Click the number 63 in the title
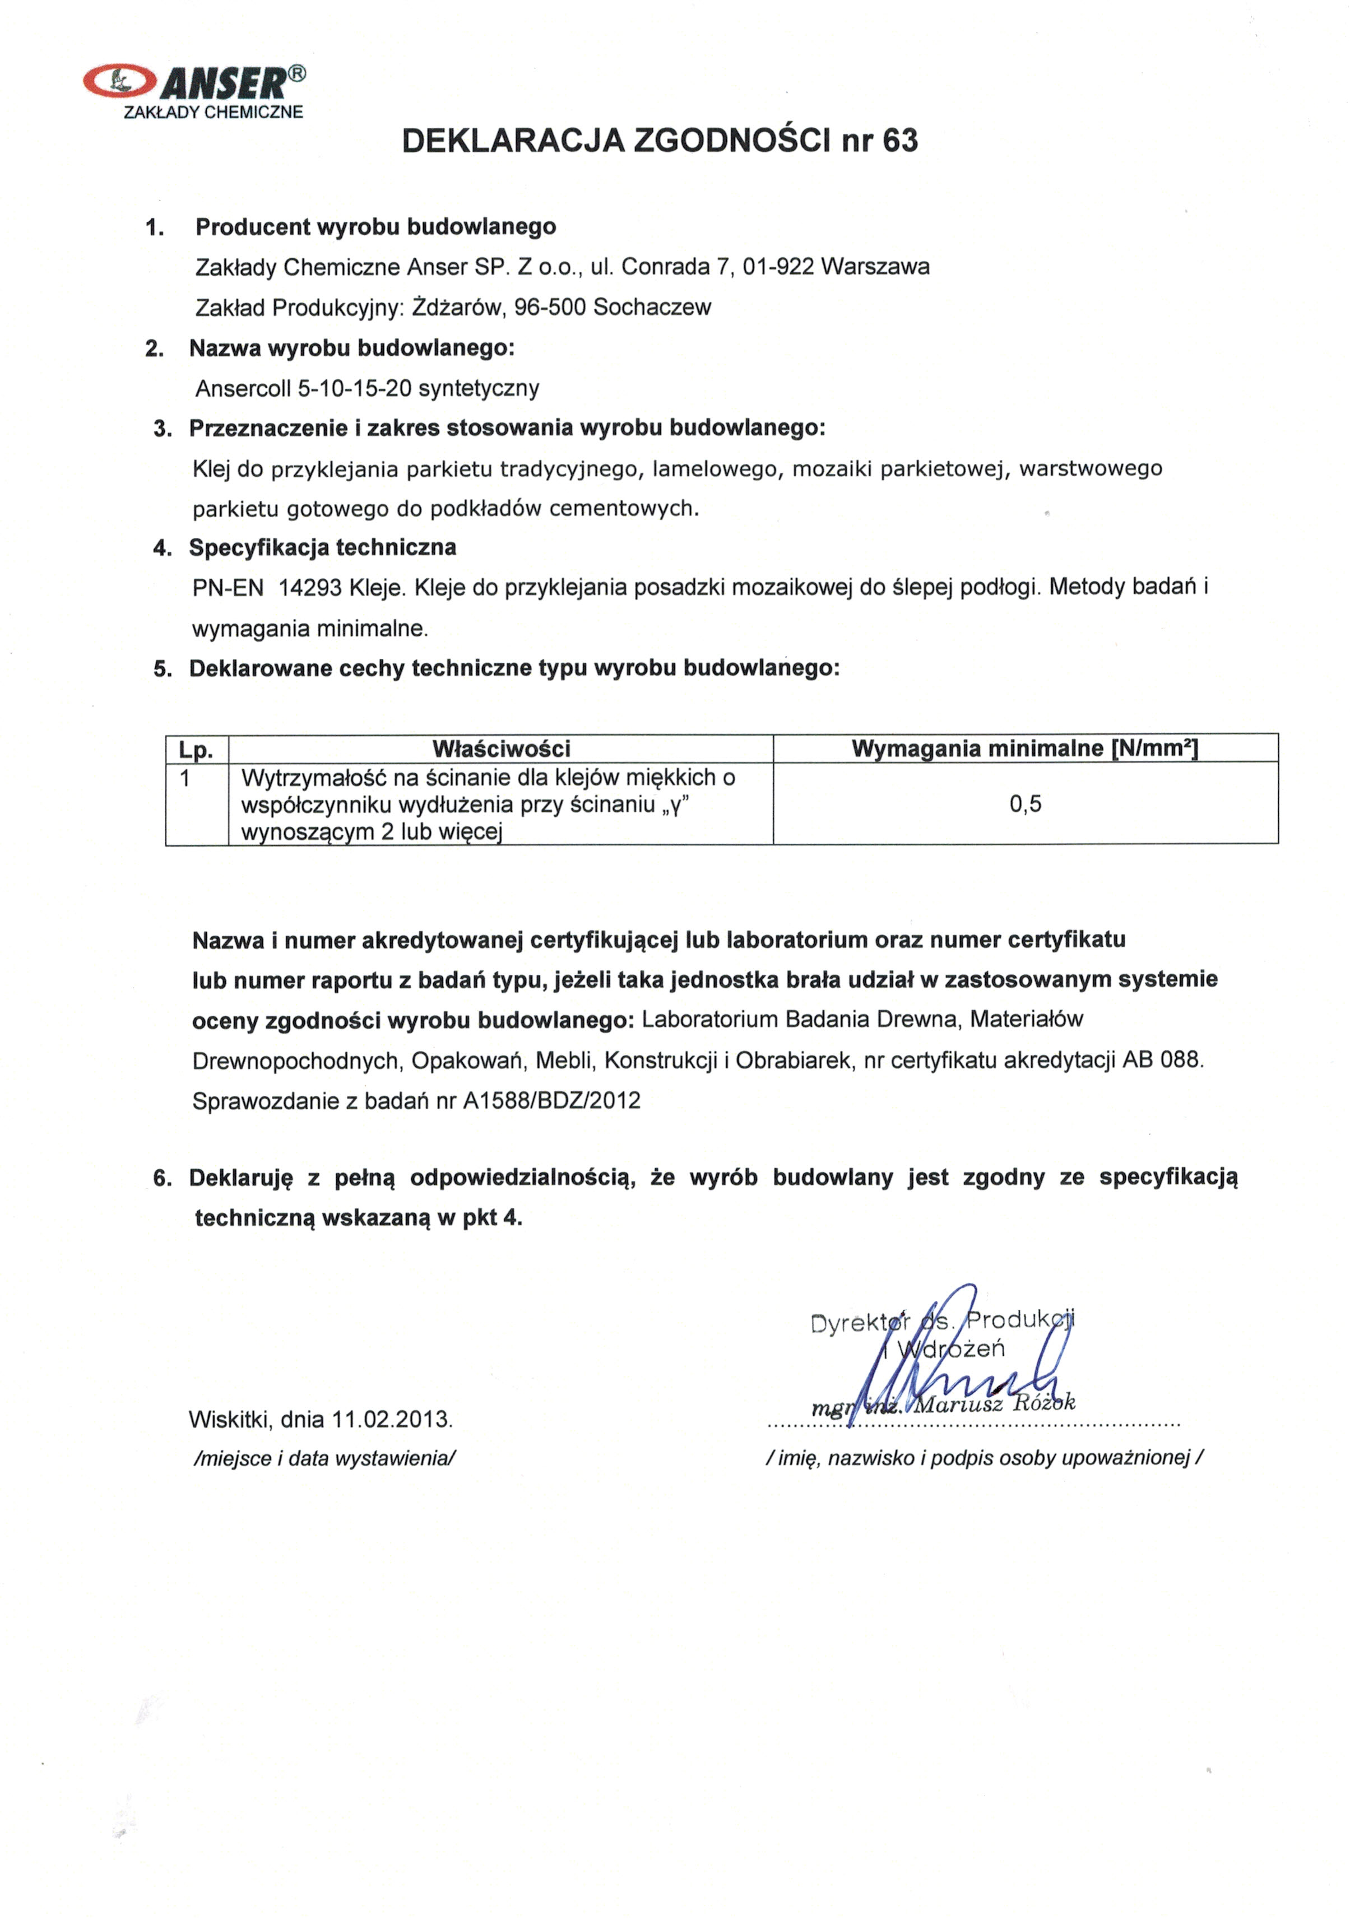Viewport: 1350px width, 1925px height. point(900,140)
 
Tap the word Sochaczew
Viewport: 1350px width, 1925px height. point(652,307)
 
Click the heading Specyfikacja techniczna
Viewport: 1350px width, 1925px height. point(322,547)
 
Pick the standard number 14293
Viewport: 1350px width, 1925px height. point(309,588)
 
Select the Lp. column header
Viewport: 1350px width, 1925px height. point(196,748)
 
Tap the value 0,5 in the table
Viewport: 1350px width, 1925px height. point(1024,804)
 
